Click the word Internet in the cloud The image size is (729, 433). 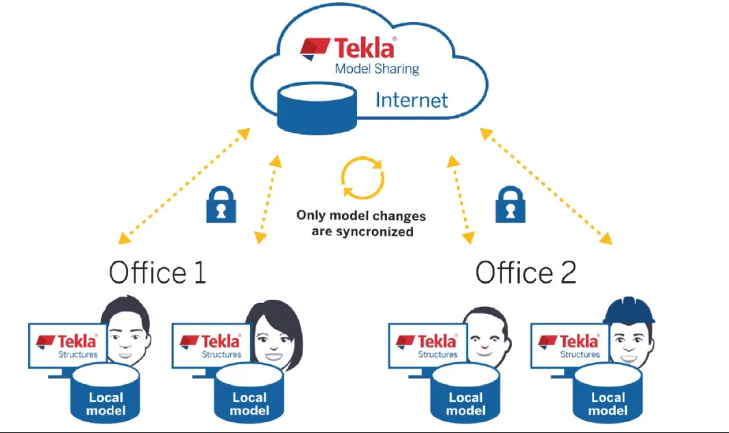coord(411,100)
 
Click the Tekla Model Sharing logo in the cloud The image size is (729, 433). coord(349,49)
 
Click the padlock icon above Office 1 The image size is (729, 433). coord(221,203)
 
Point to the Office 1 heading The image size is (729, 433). coord(157,272)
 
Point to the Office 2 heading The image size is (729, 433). coord(526,272)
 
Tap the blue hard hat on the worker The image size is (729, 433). coord(629,310)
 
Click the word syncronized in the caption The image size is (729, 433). coord(375,232)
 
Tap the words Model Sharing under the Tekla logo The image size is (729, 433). coord(376,69)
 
